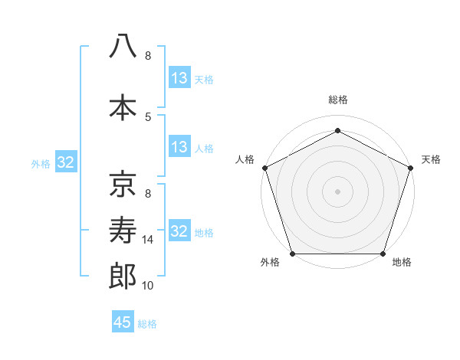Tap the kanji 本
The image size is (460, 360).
click(x=123, y=107)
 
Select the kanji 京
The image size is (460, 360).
click(x=123, y=183)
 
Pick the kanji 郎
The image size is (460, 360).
click(x=123, y=276)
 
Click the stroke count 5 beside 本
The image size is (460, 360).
click(x=148, y=116)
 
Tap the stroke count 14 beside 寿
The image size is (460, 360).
click(x=148, y=240)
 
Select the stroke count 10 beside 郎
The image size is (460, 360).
click(x=148, y=286)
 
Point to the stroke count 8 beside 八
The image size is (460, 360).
click(x=148, y=56)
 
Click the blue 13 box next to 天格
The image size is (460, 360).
click(x=179, y=78)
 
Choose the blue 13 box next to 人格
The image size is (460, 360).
click(x=179, y=147)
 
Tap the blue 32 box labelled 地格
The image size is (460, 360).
click(x=179, y=231)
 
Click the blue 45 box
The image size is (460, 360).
click(x=123, y=322)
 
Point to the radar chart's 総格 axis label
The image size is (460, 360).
click(x=337, y=100)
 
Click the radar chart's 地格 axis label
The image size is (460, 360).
click(x=402, y=263)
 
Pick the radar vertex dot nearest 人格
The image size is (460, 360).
click(x=264, y=167)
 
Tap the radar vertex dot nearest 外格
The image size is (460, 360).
click(x=293, y=254)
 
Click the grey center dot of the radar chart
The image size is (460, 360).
click(x=337, y=191)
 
